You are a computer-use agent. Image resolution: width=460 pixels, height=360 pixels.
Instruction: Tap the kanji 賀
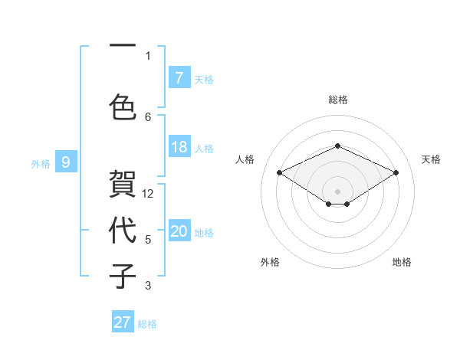click(x=123, y=184)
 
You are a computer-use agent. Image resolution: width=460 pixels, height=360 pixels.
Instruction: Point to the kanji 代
click(x=123, y=230)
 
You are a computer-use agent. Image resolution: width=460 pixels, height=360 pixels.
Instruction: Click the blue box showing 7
click(x=179, y=77)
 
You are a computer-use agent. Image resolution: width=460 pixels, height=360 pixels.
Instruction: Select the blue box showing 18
click(x=179, y=147)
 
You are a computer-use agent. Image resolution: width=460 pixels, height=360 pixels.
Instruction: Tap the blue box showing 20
click(x=179, y=231)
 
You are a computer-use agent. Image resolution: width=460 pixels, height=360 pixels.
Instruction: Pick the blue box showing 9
click(x=66, y=162)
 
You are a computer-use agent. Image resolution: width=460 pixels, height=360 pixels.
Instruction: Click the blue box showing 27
click(x=123, y=322)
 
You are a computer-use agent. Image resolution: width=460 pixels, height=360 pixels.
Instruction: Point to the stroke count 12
click(x=149, y=194)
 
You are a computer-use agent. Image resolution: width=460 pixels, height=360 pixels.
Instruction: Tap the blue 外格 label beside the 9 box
click(x=41, y=163)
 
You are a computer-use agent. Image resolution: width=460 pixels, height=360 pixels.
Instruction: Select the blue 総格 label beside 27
click(x=147, y=324)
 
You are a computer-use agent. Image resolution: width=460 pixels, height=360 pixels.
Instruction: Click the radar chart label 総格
click(x=337, y=100)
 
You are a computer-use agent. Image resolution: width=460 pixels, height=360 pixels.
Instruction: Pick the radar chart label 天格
click(x=431, y=159)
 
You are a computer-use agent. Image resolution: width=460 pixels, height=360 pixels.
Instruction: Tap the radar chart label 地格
click(x=402, y=262)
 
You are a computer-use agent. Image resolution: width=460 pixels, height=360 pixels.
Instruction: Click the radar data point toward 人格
click(x=280, y=173)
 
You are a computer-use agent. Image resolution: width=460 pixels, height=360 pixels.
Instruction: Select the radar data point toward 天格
click(x=396, y=173)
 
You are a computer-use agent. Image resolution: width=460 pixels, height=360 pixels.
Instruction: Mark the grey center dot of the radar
click(x=337, y=191)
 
